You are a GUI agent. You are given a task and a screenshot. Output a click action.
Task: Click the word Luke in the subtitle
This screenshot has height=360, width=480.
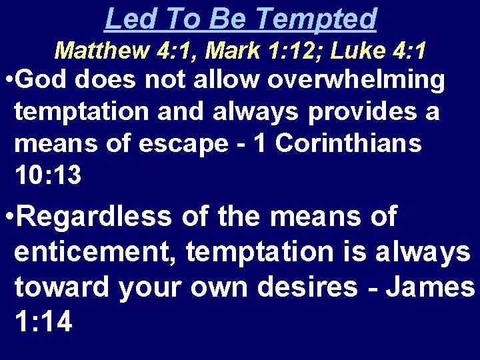point(351,50)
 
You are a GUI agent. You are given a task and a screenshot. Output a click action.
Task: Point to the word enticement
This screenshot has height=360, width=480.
point(97,252)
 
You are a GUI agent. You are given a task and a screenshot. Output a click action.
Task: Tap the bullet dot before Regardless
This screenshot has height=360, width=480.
point(7,218)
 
